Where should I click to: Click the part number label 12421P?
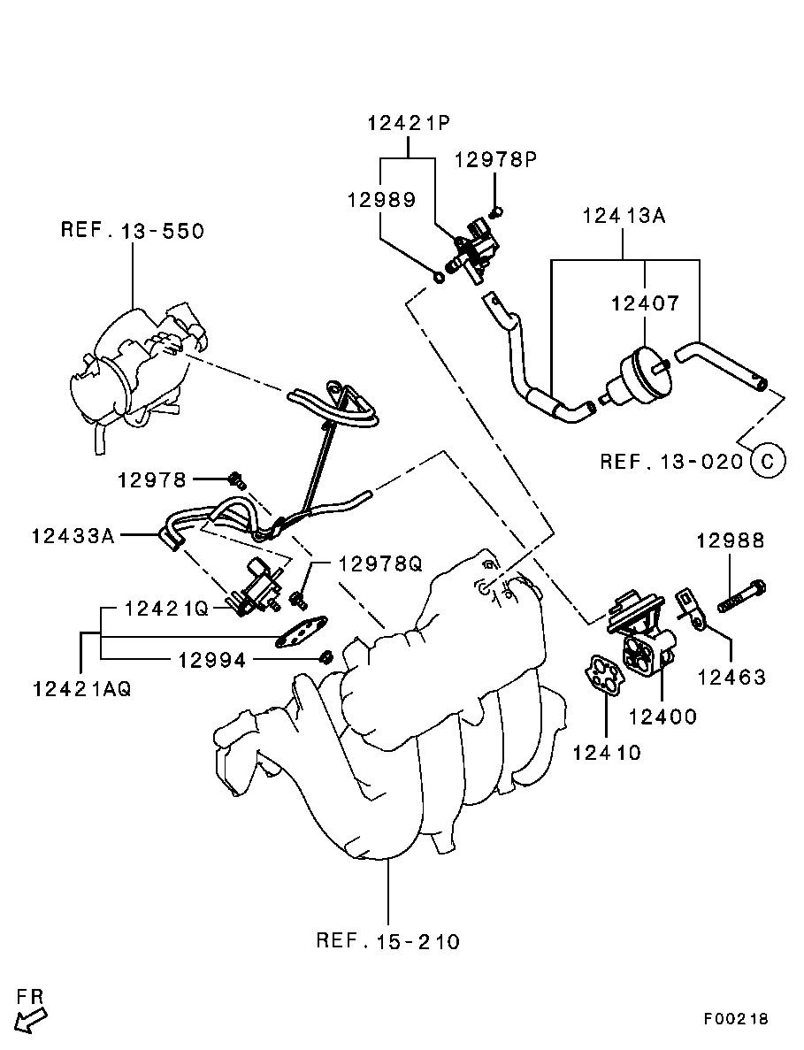(408, 124)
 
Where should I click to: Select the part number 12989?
(380, 200)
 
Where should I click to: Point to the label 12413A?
(623, 216)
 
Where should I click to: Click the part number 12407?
(645, 303)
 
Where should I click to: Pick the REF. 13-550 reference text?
(132, 231)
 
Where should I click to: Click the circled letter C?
(767, 461)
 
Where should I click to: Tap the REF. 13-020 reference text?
(671, 462)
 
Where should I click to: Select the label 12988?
(729, 540)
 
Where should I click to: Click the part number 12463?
(731, 678)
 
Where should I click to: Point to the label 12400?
(663, 717)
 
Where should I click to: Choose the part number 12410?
(607, 753)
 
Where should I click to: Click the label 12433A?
(73, 535)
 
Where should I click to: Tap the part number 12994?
(212, 659)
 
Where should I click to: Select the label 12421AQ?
(81, 689)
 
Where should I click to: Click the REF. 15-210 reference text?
(387, 941)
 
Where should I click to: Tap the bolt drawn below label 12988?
(740, 595)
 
